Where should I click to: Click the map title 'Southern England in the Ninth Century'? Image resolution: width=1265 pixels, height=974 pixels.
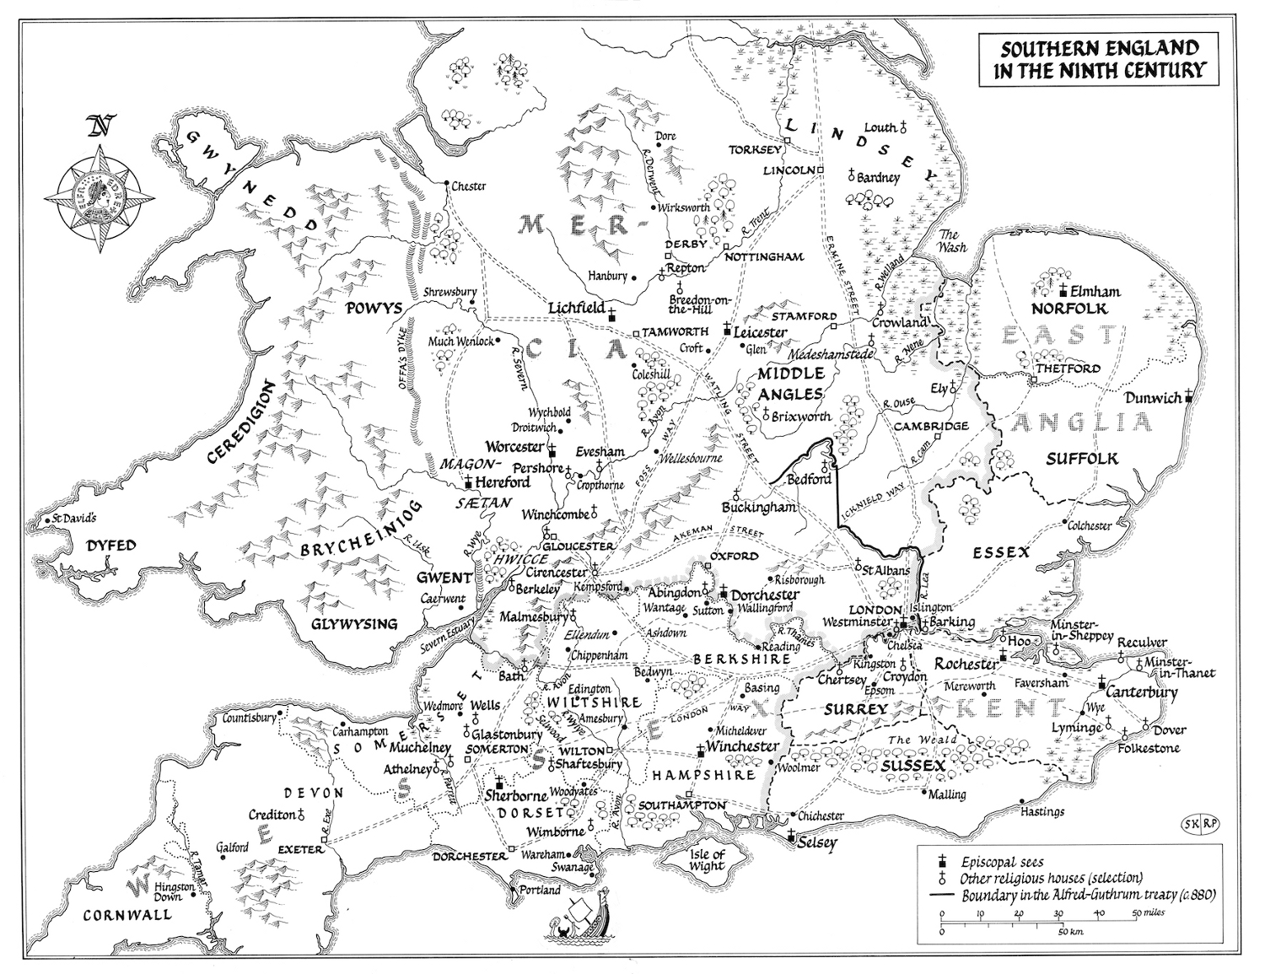pos(1098,59)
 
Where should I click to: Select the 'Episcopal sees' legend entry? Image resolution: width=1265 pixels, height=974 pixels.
pos(1001,862)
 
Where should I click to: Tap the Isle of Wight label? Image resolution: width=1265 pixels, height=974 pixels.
pos(706,859)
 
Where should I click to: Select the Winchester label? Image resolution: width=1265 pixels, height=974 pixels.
pos(741,746)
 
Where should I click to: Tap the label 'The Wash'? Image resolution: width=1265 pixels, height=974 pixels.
pos(949,241)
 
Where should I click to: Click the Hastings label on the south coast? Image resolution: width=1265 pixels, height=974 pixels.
pos(1042,811)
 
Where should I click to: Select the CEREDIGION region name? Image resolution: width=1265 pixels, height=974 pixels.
pos(240,423)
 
